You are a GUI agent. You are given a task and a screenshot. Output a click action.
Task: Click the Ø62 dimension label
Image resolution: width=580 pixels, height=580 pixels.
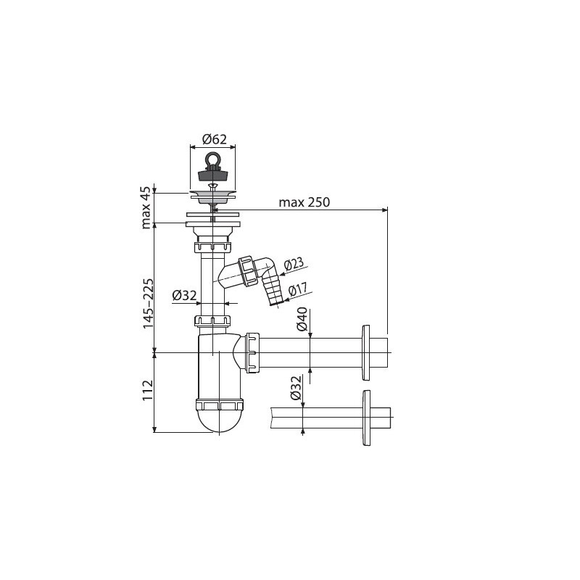coord(214,139)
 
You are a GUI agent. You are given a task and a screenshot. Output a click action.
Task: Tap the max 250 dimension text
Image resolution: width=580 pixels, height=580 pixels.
coord(304,202)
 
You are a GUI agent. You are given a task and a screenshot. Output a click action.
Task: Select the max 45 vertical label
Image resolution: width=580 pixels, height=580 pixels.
coord(147,207)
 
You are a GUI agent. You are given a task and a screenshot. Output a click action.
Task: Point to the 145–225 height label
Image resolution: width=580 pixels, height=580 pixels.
coord(148,303)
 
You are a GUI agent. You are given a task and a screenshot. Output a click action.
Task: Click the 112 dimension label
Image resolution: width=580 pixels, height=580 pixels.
coord(148,390)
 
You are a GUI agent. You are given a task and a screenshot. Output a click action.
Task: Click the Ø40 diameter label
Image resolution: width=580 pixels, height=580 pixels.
coord(302,319)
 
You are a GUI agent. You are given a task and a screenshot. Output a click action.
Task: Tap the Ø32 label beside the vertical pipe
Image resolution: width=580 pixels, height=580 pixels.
coord(184,296)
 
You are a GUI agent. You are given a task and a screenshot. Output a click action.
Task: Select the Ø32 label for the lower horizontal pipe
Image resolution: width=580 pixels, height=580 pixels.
coord(296,388)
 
